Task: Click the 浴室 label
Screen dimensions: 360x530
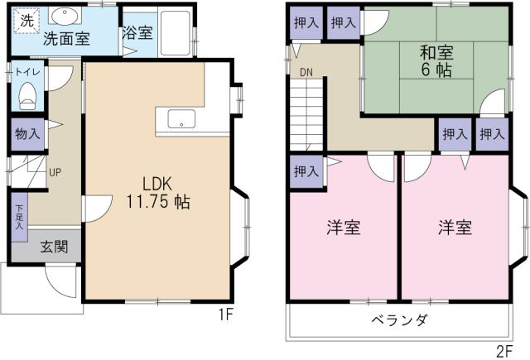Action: coord(137,34)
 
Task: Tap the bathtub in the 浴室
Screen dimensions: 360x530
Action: coord(175,31)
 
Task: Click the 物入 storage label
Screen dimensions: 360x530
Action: coord(26,133)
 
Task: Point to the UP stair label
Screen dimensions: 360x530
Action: coord(55,173)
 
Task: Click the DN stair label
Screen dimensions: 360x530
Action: coord(306,71)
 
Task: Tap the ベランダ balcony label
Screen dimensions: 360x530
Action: coord(399,320)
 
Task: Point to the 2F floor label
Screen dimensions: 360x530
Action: coord(505,350)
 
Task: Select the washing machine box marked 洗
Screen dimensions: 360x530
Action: coord(26,18)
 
